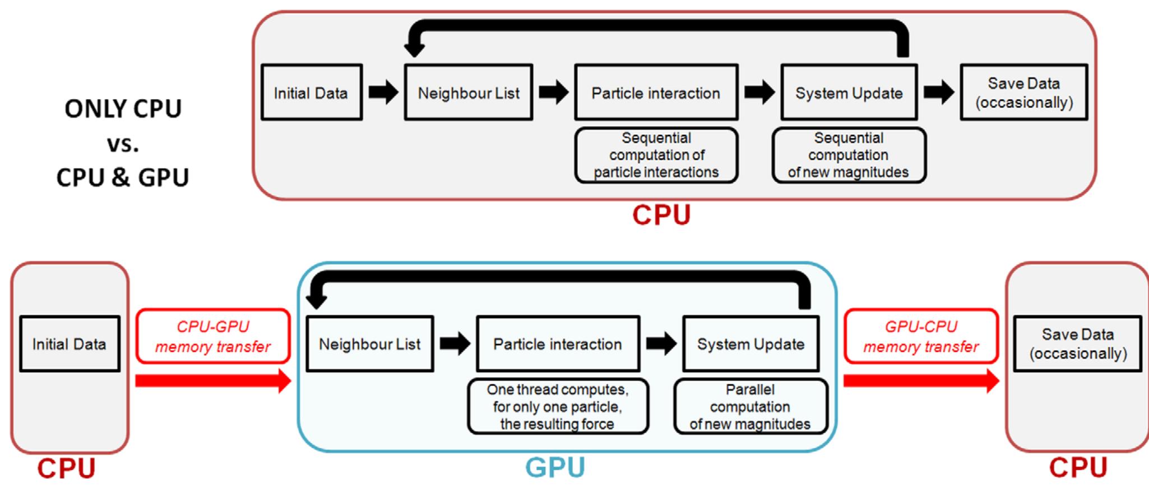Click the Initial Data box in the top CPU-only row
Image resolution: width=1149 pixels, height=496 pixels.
[x=312, y=92]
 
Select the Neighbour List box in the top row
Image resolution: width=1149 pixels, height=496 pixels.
[x=469, y=92]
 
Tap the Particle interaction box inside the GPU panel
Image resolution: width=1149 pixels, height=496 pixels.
[x=558, y=344]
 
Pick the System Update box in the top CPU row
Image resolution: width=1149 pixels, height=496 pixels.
[x=849, y=92]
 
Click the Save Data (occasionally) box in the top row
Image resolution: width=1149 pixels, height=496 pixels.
[x=1023, y=92]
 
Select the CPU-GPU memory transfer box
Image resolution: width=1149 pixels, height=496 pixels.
[x=213, y=336]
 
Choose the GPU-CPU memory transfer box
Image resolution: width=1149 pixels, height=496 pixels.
[x=921, y=336]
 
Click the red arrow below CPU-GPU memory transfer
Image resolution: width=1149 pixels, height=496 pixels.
[x=213, y=381]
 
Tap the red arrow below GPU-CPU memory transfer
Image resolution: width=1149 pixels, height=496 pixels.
[x=921, y=381]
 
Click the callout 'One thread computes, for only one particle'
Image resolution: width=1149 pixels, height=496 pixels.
[x=558, y=406]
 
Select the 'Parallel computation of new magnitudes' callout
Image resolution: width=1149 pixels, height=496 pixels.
[x=750, y=406]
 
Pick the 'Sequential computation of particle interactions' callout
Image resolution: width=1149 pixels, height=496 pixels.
[x=656, y=155]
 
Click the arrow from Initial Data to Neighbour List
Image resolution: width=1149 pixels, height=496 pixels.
[x=383, y=92]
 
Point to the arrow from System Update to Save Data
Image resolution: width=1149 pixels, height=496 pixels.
[x=938, y=92]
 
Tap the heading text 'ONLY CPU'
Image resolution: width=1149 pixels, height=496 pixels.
[x=123, y=109]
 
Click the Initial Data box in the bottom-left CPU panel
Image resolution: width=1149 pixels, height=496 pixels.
[x=70, y=344]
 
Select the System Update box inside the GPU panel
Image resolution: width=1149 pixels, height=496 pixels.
[x=750, y=344]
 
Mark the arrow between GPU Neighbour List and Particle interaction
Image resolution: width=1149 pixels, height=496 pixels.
[x=455, y=344]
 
